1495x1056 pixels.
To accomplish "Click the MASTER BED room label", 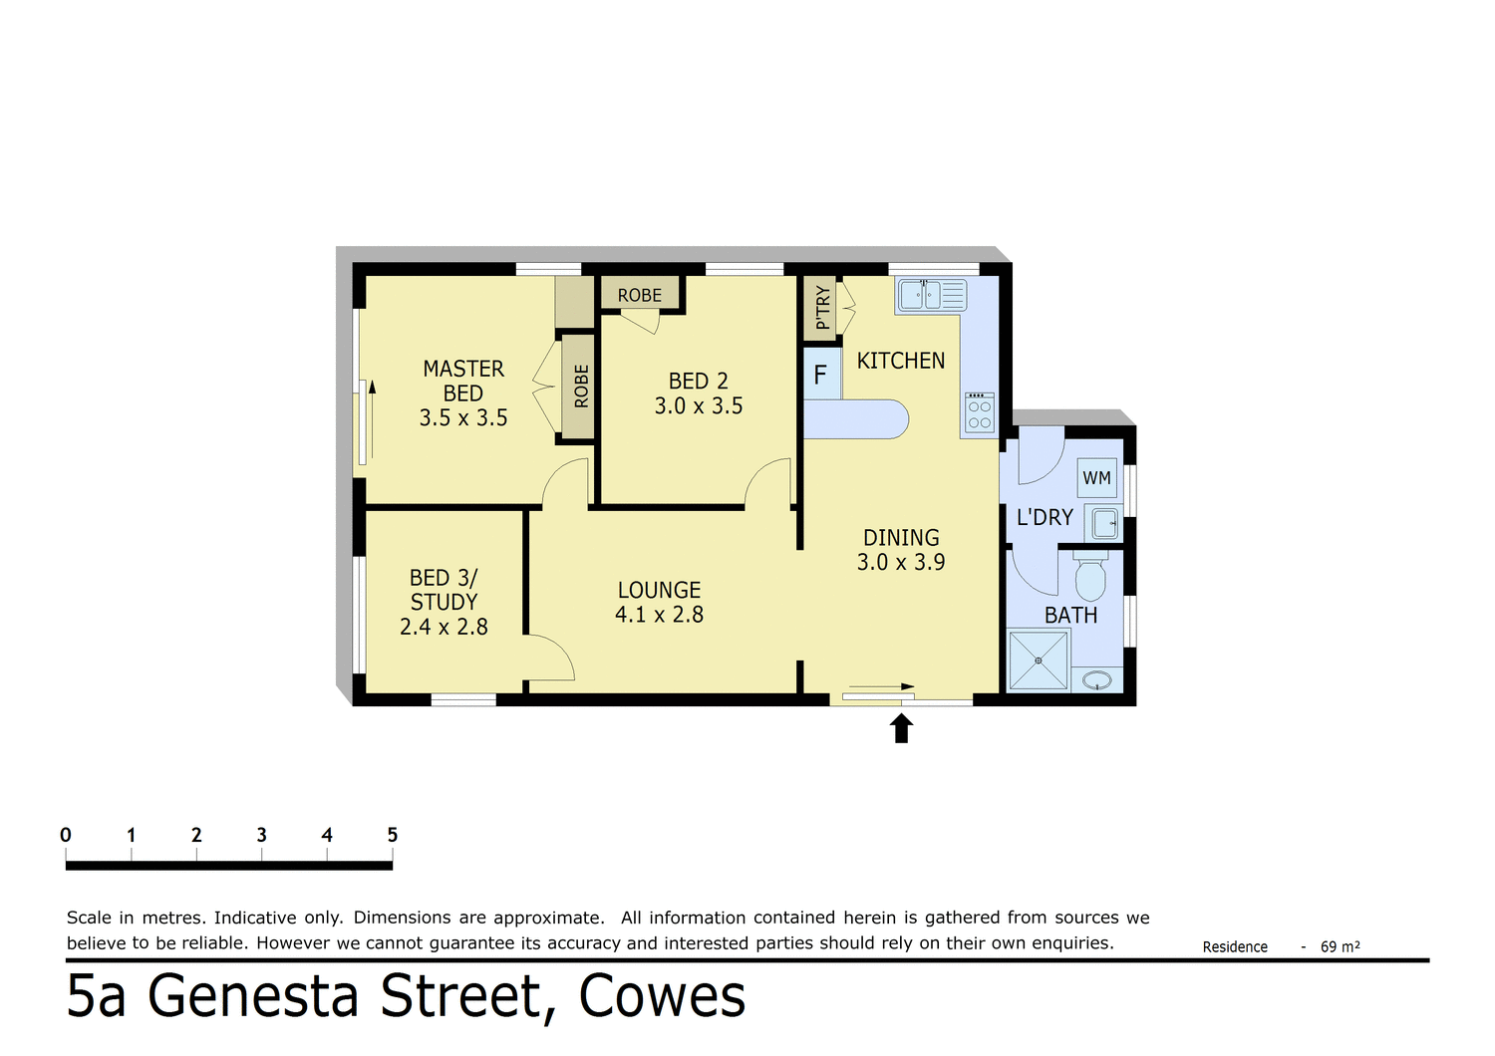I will click(x=463, y=381).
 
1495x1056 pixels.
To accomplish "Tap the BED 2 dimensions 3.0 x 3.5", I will click(x=698, y=406).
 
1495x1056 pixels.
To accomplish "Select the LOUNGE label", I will click(x=659, y=590).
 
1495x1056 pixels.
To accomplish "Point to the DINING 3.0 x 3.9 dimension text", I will click(x=901, y=563).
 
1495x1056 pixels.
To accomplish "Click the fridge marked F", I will click(x=821, y=375).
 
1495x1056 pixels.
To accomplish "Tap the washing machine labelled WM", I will click(x=1096, y=478).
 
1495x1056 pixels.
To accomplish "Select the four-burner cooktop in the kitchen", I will click(x=979, y=413).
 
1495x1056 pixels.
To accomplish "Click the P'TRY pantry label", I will click(x=822, y=308).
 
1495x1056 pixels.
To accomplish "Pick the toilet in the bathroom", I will click(x=1090, y=577).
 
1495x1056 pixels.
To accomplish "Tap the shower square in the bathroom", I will click(x=1038, y=660).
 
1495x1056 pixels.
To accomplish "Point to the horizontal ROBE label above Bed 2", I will click(x=639, y=296).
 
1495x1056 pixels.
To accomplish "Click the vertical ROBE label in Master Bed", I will click(x=581, y=387).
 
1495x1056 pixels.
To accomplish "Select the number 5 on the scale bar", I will click(x=392, y=835).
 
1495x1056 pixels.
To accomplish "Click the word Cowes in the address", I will click(x=662, y=997).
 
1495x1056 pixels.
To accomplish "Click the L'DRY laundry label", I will click(x=1045, y=518).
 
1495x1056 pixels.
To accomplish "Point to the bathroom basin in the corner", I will click(x=1097, y=681).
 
